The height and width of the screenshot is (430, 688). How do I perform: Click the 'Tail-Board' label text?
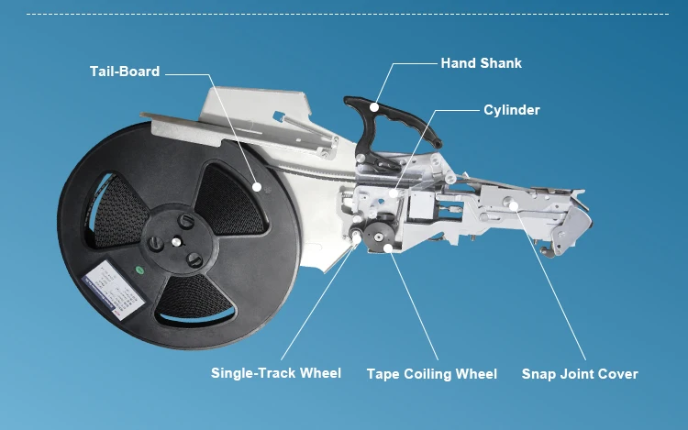tap(125, 72)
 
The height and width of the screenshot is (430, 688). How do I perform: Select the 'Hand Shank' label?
tap(481, 63)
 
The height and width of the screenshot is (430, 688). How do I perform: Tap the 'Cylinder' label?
tap(512, 110)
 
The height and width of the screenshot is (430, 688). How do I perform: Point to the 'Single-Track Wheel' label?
tap(276, 373)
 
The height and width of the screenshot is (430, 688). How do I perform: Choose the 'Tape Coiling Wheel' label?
tap(432, 374)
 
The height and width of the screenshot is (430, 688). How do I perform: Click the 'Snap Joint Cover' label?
tap(580, 374)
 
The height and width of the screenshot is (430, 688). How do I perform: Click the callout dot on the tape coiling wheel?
tap(389, 246)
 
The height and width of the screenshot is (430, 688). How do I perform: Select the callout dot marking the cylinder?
tap(393, 193)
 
